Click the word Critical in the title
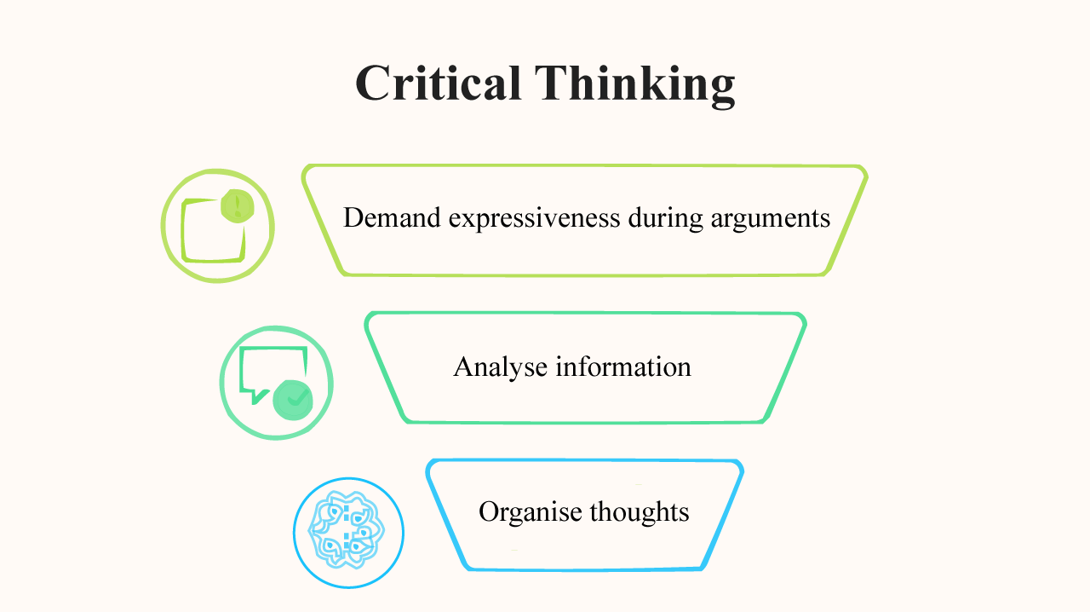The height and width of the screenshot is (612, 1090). point(438,84)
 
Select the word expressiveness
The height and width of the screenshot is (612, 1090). point(535,218)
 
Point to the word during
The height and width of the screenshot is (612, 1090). point(666,218)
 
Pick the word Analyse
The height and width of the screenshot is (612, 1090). point(501,367)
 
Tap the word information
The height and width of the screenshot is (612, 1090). point(623,367)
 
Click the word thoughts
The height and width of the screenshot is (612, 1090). point(639,511)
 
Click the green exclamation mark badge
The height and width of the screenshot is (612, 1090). point(237,206)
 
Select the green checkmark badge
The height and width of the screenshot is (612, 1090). point(294,398)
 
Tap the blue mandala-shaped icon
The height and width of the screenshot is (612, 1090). point(348,534)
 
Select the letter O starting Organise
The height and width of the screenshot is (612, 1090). point(488,512)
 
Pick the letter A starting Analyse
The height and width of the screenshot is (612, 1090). point(463,367)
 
